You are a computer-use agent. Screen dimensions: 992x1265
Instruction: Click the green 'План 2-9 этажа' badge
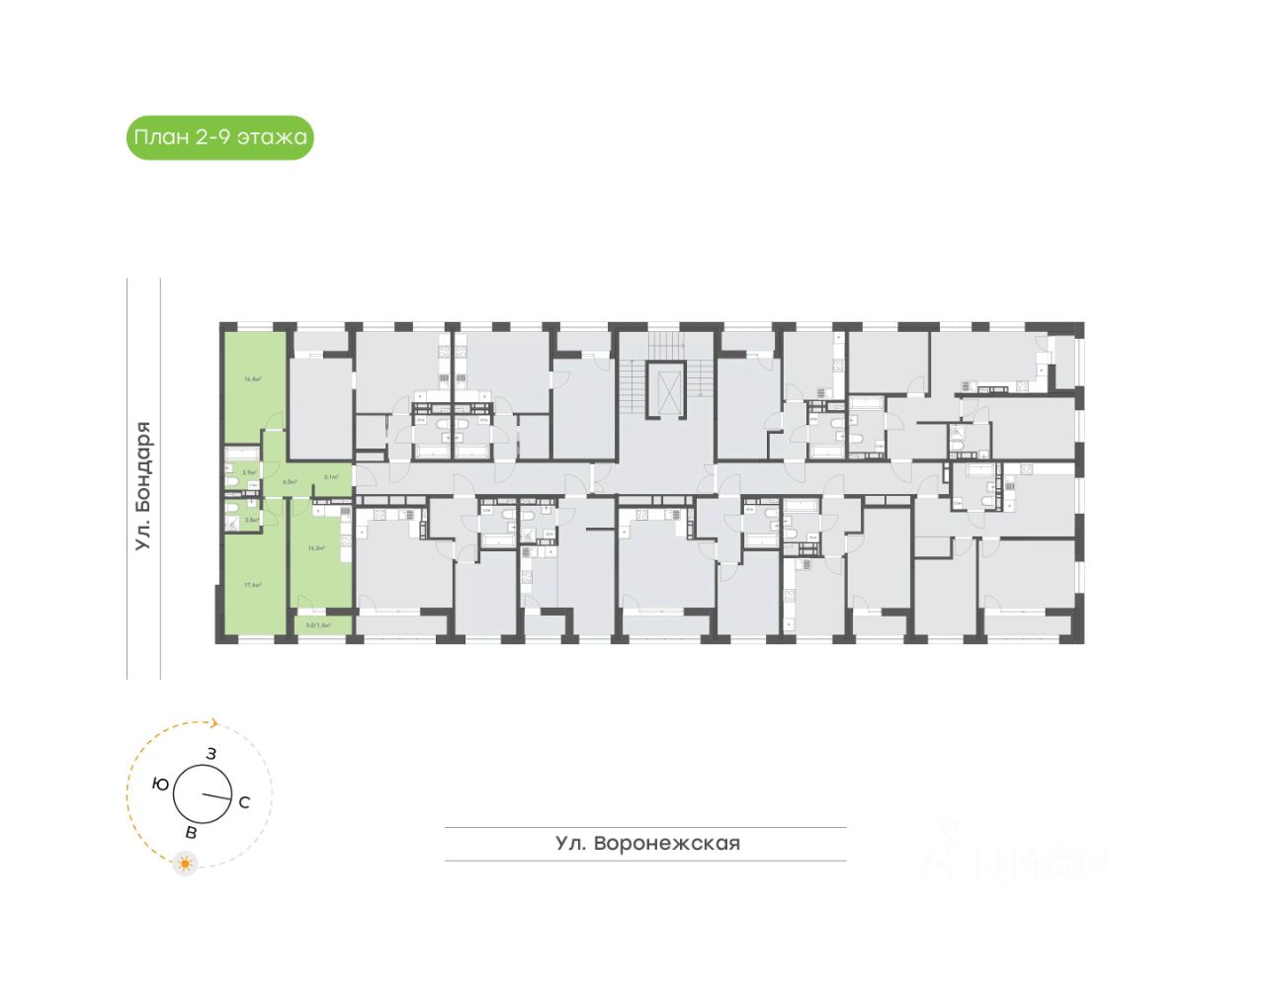219,137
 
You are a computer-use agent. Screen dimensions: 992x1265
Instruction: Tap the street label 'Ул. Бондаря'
143,485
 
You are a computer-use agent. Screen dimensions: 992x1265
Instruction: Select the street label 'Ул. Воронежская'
647,844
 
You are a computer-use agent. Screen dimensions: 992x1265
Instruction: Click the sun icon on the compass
185,864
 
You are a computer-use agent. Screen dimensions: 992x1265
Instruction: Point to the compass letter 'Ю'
159,783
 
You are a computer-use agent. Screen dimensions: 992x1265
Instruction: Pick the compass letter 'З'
211,753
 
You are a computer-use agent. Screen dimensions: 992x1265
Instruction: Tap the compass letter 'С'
244,802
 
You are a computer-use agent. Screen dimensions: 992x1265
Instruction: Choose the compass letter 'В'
192,833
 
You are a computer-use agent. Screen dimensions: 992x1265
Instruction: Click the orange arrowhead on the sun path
212,723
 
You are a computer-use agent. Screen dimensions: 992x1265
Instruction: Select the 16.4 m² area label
252,378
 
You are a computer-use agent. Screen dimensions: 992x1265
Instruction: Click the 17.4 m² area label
252,584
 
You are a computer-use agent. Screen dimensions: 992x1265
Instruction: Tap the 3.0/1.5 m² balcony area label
316,625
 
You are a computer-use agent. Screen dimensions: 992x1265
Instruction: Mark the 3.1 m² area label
332,477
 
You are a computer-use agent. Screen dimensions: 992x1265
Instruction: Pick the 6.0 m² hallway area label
290,481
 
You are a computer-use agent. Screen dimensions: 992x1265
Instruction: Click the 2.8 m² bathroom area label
251,520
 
